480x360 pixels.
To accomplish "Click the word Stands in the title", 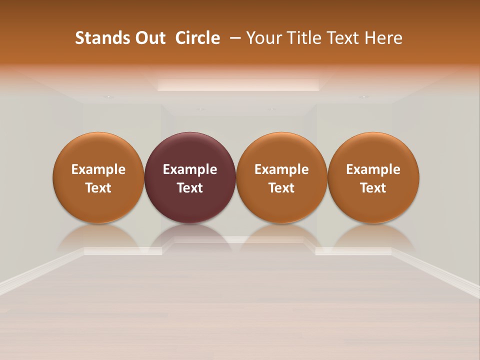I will pyautogui.click(x=96, y=38).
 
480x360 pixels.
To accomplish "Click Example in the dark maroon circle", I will pyautogui.click(x=190, y=169).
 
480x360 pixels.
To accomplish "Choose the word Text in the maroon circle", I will pyautogui.click(x=190, y=188).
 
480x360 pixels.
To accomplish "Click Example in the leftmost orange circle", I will pyautogui.click(x=98, y=169).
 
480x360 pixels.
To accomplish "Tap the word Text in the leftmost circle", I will pyautogui.click(x=98, y=188).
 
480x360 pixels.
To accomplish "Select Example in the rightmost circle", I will pyautogui.click(x=373, y=169).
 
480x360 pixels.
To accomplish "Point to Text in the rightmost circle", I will pyautogui.click(x=373, y=188).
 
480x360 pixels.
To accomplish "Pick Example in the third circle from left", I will pyautogui.click(x=281, y=169).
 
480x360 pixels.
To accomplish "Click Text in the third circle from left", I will pyautogui.click(x=281, y=188).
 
